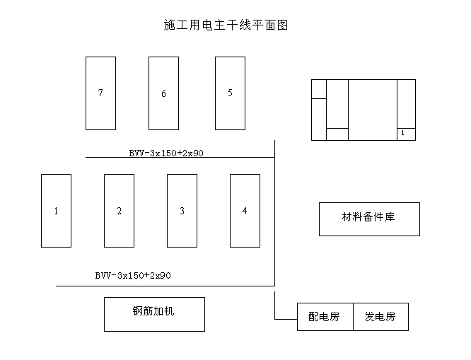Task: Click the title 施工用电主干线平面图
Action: pyautogui.click(x=226, y=25)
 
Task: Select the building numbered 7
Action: pyautogui.click(x=100, y=93)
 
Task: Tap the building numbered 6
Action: pyautogui.click(x=163, y=93)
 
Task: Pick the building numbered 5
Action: pyautogui.click(x=230, y=93)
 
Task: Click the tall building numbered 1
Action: pyautogui.click(x=56, y=211)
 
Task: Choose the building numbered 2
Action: pyautogui.click(x=120, y=211)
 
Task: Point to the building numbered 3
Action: pyautogui.click(x=182, y=211)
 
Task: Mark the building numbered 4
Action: pyautogui.click(x=245, y=211)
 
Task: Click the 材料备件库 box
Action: pyautogui.click(x=369, y=219)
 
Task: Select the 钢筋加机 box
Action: pyautogui.click(x=154, y=314)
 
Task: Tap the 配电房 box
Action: pyautogui.click(x=325, y=317)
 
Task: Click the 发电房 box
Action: pyautogui.click(x=381, y=317)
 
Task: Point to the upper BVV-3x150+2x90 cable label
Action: pyautogui.click(x=166, y=153)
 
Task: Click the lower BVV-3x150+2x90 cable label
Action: pyautogui.click(x=133, y=276)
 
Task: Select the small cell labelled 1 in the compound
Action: pyautogui.click(x=407, y=134)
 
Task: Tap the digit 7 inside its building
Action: pyautogui.click(x=100, y=93)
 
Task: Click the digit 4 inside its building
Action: pyautogui.click(x=245, y=211)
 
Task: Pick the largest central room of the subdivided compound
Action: pyautogui.click(x=373, y=110)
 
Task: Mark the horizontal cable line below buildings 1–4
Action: pyautogui.click(x=165, y=286)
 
